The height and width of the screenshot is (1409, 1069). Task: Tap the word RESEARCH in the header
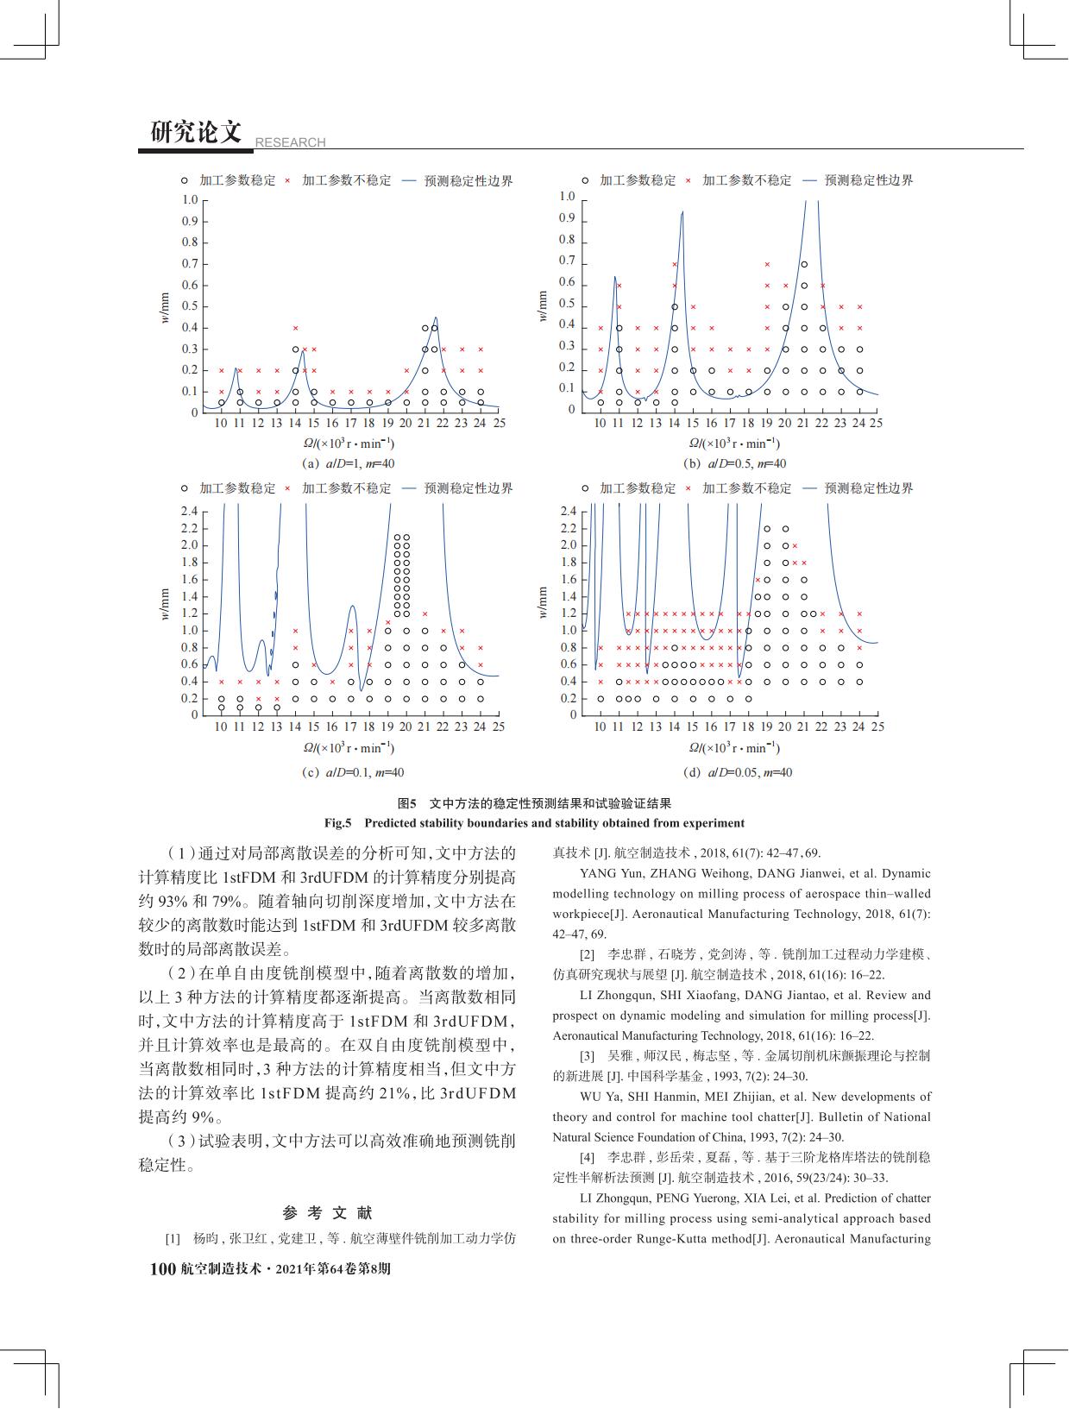[291, 142]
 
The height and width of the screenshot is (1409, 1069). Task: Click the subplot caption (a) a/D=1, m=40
[349, 463]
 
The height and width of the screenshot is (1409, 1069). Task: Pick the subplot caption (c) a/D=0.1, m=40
[353, 772]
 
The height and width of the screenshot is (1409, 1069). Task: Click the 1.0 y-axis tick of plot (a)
[190, 200]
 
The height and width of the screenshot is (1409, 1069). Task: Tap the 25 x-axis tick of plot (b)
[876, 423]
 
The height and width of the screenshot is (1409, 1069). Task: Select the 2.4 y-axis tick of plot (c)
[189, 511]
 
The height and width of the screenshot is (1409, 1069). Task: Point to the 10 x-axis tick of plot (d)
[600, 727]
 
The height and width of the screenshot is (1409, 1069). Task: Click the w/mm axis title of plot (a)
[164, 305]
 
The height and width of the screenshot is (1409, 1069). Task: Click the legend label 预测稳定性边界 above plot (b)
[869, 180]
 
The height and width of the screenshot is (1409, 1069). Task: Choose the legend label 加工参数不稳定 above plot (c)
[346, 488]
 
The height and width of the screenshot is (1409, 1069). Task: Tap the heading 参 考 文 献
[328, 1212]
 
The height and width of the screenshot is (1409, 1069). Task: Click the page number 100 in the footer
[163, 1269]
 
